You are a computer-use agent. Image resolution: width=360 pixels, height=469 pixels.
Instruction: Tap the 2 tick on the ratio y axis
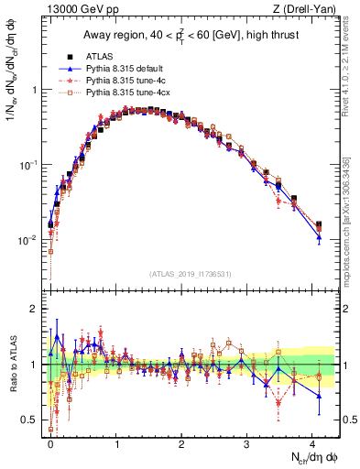point(32,309)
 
